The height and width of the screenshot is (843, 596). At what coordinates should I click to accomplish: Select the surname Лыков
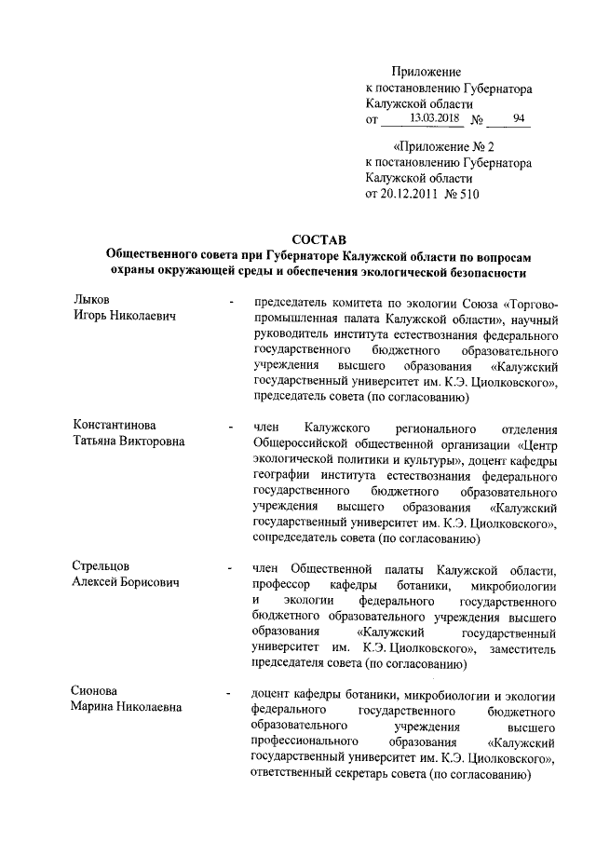click(x=92, y=299)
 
